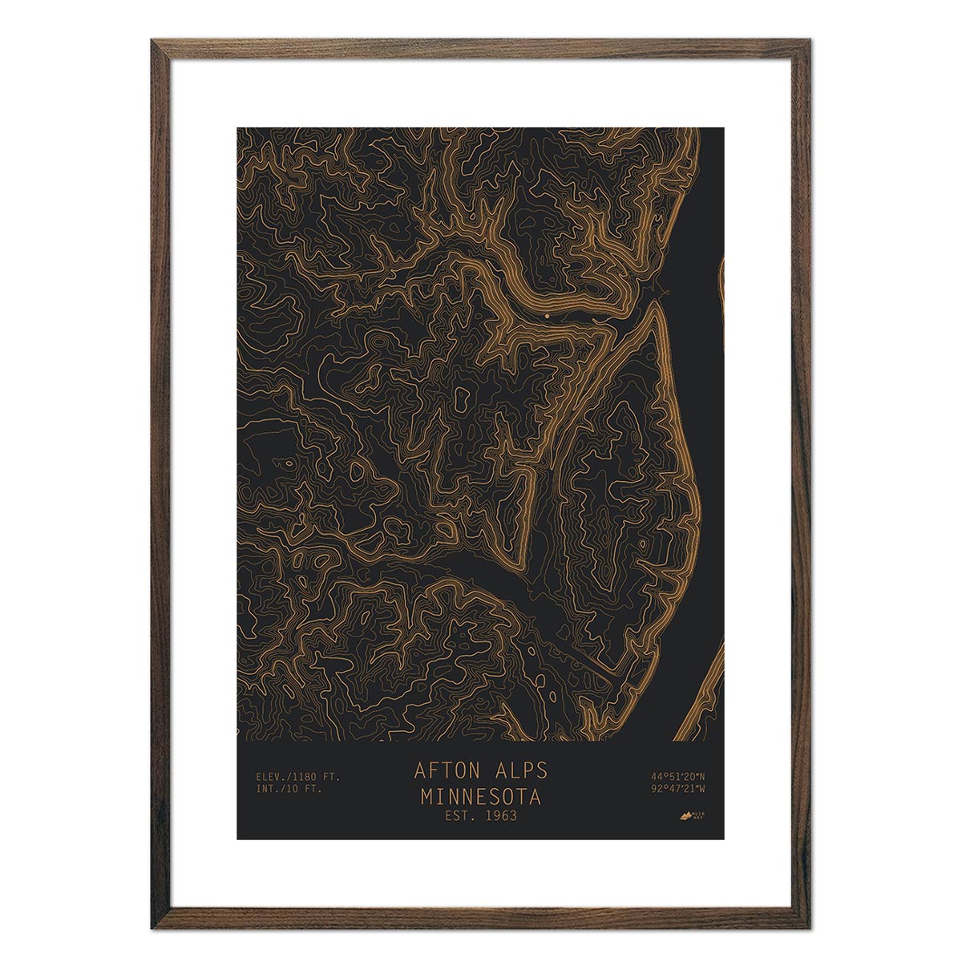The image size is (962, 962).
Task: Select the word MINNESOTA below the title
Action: tap(481, 798)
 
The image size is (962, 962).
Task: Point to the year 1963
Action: tap(500, 817)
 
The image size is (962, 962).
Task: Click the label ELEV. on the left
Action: tap(269, 776)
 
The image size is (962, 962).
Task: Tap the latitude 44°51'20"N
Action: tap(678, 776)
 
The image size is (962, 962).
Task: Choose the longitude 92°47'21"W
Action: tap(678, 789)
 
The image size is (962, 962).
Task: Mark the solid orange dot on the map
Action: tap(547, 316)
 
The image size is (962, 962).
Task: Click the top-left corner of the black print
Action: tap(238, 128)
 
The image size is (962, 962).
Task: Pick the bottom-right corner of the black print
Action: tap(723, 838)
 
